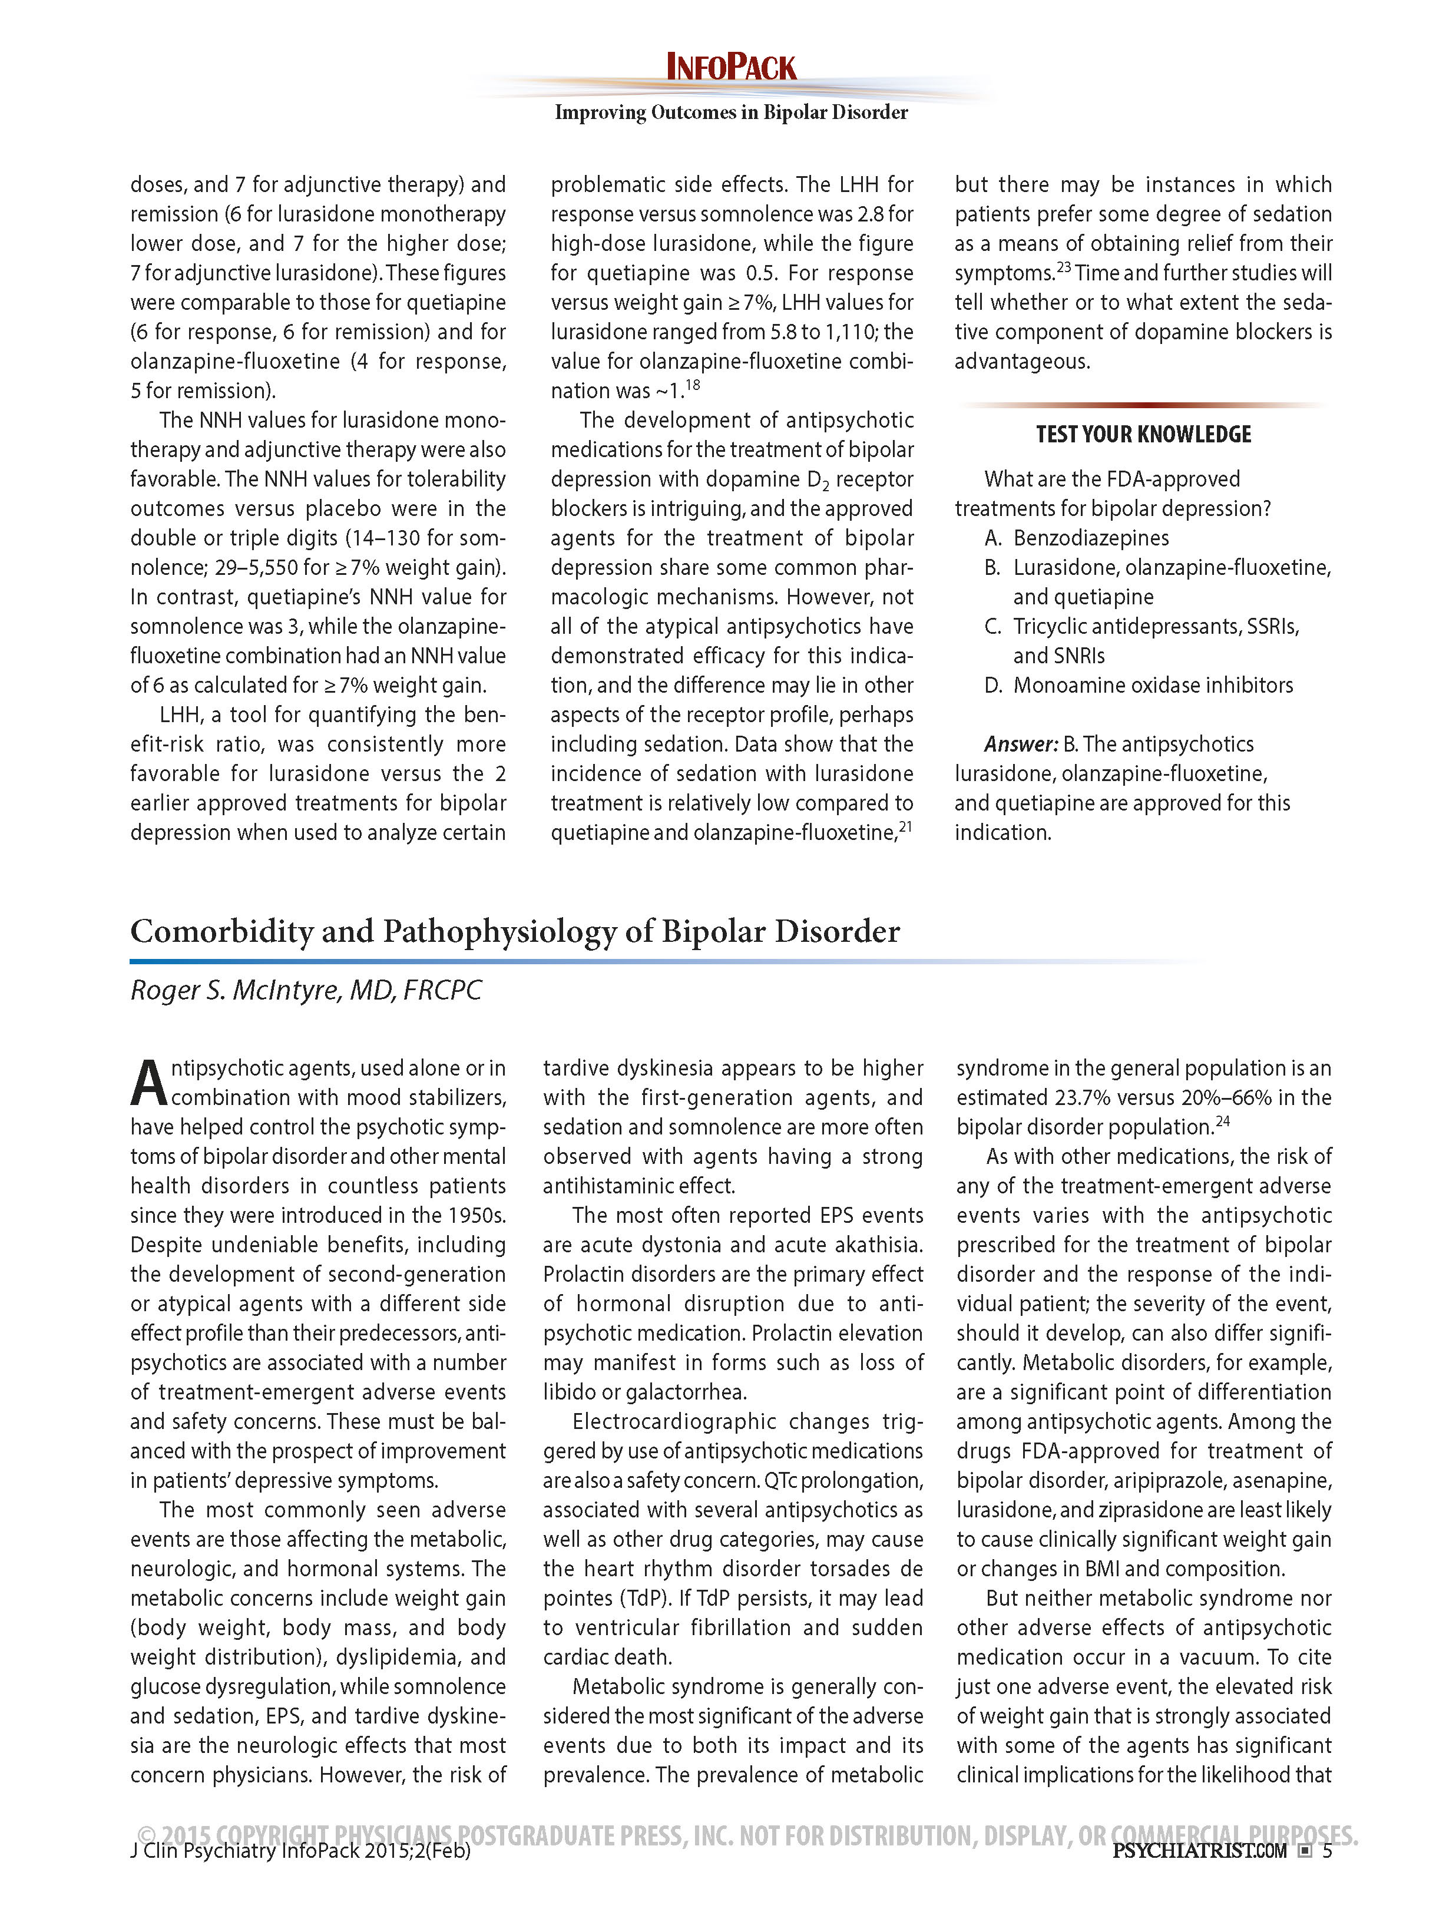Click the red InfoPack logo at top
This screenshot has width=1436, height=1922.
click(x=730, y=68)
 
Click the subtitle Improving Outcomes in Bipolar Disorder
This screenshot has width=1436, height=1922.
click(x=730, y=112)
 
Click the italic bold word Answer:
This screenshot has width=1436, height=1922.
click(x=1021, y=744)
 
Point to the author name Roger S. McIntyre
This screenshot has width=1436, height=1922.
click(x=305, y=990)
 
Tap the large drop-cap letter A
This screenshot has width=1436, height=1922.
click(x=148, y=1083)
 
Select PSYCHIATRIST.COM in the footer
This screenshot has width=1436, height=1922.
click(x=1199, y=1851)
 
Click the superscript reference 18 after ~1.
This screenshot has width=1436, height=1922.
click(x=692, y=385)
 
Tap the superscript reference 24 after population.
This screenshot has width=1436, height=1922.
click(x=1222, y=1121)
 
